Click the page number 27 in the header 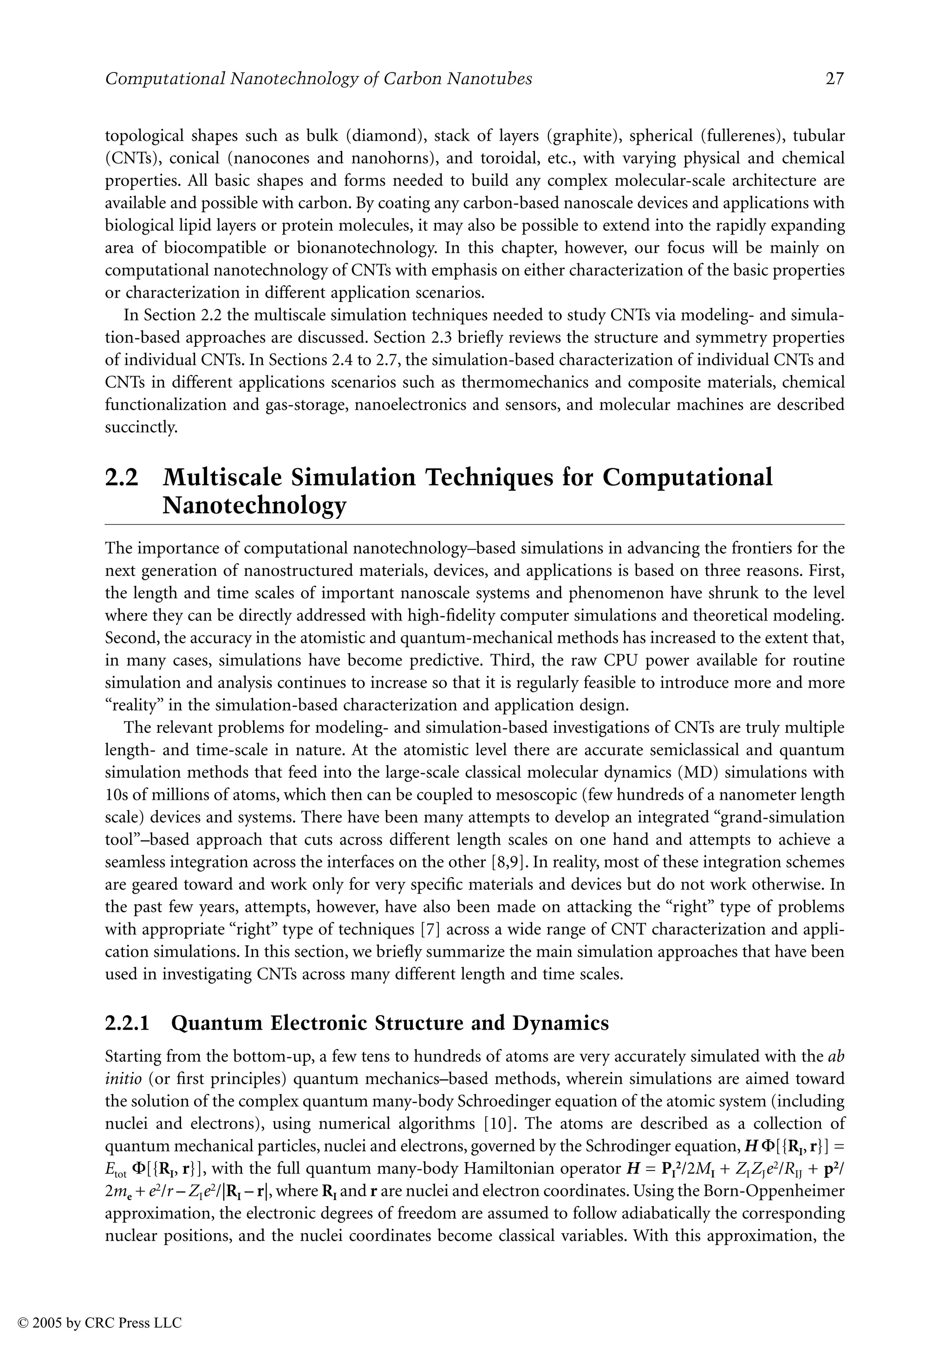click(x=834, y=79)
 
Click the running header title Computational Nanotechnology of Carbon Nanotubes click(x=319, y=79)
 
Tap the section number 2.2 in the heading click(x=121, y=478)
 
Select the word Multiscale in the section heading click(x=221, y=478)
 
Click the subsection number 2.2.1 click(x=127, y=1023)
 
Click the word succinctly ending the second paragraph click(x=141, y=427)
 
